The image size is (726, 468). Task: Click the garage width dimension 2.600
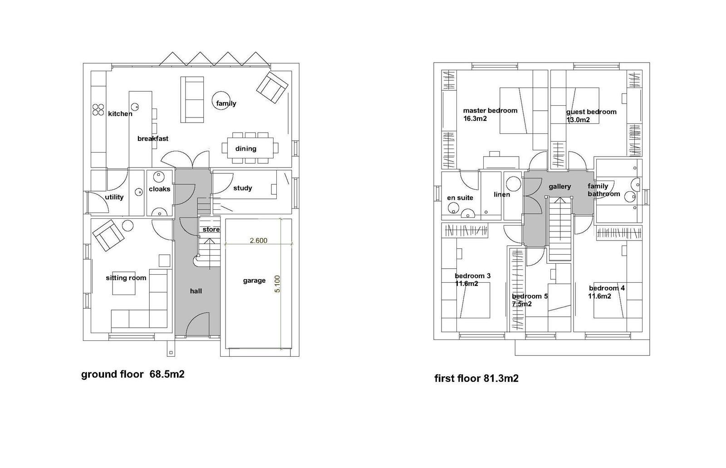258,241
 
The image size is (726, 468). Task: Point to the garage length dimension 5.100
277,284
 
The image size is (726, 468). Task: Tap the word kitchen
120,114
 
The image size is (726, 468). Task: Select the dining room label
245,149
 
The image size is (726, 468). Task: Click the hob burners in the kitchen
98,109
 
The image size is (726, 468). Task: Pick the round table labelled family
221,100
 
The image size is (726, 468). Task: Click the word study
242,188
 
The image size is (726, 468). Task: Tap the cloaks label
159,189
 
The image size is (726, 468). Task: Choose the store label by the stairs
211,230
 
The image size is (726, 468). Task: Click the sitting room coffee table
124,283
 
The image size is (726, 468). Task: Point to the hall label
196,291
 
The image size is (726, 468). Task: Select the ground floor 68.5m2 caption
132,374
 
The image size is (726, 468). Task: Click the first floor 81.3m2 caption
476,379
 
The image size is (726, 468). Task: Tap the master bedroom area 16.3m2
475,119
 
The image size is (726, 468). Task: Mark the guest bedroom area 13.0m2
578,120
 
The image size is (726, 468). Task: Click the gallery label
560,187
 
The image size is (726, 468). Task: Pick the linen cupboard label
502,195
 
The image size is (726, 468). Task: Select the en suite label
460,198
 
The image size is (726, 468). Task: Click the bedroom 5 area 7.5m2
522,304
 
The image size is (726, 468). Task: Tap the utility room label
114,197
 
